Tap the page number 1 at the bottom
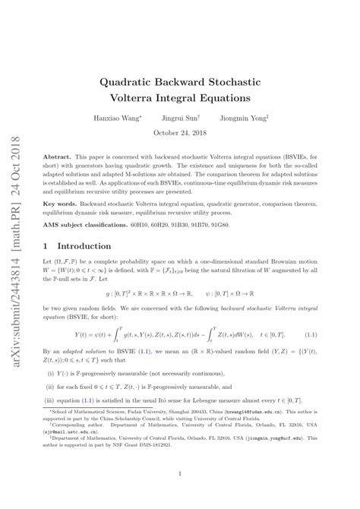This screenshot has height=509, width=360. pyautogui.click(x=181, y=476)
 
